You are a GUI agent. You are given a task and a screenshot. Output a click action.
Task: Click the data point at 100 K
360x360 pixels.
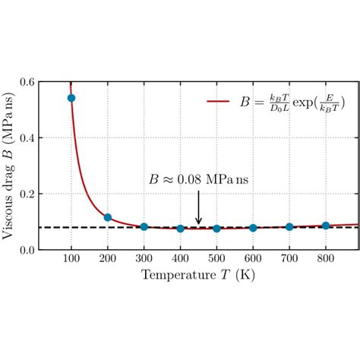pos(71,98)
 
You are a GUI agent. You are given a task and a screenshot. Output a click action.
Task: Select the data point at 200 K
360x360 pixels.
pos(108,218)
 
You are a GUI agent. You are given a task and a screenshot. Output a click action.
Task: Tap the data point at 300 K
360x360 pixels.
pos(144,227)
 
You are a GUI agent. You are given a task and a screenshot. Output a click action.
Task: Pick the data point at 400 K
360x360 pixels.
pos(180,229)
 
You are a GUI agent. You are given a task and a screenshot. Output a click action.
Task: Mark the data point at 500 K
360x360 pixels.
pos(216,229)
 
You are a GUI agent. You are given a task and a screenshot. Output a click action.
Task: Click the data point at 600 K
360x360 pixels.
pos(253,228)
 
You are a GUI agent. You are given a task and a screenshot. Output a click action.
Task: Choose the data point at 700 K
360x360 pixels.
pos(289,227)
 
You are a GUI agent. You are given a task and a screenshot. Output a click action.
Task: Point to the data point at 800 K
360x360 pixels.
pos(326,226)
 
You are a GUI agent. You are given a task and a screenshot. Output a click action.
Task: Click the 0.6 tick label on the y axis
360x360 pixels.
pos(26,82)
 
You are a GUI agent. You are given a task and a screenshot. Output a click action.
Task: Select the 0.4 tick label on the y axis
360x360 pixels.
pos(26,138)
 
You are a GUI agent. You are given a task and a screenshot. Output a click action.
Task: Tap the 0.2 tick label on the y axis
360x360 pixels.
pos(26,194)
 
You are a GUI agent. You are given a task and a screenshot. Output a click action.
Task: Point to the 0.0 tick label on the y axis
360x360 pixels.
pos(26,250)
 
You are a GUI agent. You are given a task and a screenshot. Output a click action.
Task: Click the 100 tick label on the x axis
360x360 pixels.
pos(71,260)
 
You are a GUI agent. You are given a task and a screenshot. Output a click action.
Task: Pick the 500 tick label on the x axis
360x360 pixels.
pos(216,260)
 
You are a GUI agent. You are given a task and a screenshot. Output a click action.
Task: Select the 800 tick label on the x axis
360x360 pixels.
pos(326,260)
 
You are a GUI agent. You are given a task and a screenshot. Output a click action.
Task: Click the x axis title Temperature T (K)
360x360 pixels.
pos(198,275)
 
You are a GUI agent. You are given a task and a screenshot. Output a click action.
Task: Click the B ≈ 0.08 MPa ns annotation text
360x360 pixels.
pos(198,180)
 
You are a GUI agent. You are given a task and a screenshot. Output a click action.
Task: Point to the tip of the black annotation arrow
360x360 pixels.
pos(199,225)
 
